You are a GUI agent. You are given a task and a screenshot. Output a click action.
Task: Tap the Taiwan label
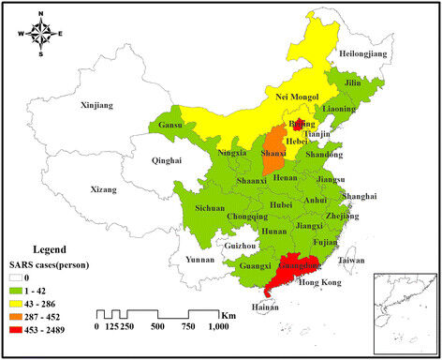pyautogui.click(x=352, y=260)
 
